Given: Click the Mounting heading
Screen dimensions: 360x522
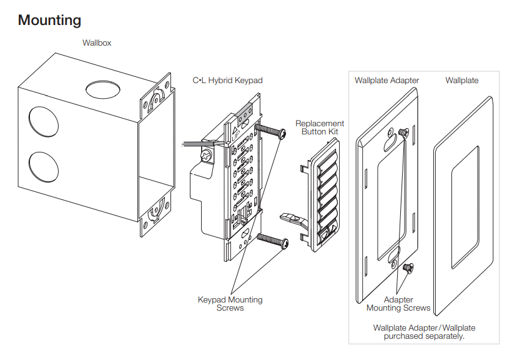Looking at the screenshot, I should [49, 20].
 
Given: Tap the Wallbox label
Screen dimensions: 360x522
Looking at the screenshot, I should [97, 43].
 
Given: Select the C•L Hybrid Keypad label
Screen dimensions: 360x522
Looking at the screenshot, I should [227, 81].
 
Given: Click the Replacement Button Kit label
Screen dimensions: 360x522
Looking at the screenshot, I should [319, 127].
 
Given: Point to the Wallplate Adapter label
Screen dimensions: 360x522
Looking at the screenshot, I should [387, 81].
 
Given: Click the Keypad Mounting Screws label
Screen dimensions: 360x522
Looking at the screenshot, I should [230, 304].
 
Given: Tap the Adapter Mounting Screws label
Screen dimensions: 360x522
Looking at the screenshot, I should [398, 304].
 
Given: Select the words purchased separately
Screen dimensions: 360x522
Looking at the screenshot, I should [424, 336].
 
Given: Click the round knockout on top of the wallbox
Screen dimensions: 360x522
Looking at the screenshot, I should [104, 89].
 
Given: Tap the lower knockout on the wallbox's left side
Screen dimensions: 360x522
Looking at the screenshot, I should [42, 167].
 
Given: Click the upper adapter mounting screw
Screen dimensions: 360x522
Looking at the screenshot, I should [403, 132].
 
